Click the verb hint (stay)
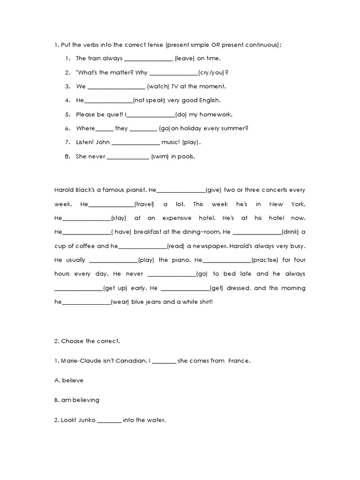(x=119, y=218)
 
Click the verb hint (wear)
(x=120, y=302)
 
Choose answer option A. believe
(x=69, y=381)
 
